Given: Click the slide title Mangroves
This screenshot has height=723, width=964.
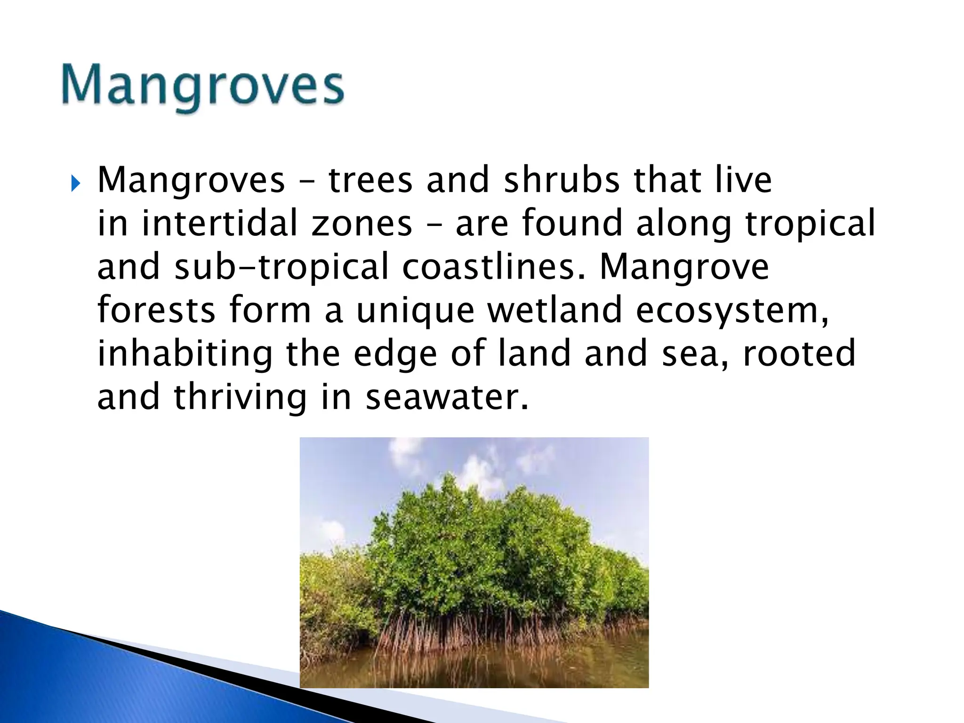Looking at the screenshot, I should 202,87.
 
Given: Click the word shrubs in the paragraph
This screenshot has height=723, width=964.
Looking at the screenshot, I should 562,180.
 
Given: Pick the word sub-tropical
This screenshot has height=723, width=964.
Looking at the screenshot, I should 281,267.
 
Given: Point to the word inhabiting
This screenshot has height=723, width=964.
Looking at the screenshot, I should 185,354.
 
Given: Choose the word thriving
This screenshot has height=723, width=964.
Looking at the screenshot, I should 240,398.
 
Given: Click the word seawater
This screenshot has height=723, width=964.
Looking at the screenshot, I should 447,398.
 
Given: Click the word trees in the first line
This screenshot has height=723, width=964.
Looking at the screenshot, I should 370,180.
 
